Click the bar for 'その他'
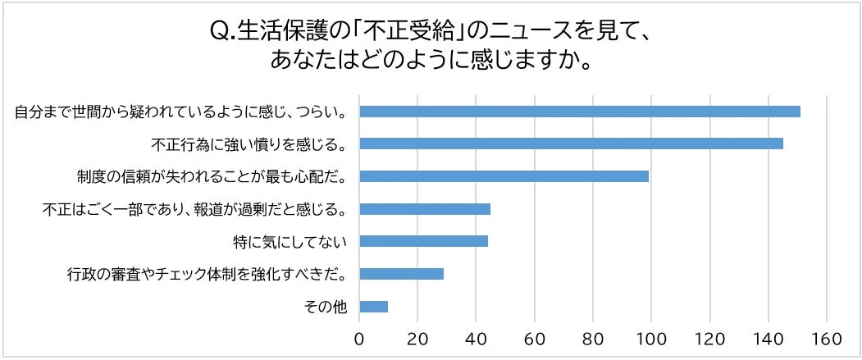tap(373, 307)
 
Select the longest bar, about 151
tap(579, 112)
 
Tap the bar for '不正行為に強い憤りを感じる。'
tap(571, 144)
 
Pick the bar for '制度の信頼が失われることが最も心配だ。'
tap(504, 176)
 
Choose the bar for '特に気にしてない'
tap(423, 241)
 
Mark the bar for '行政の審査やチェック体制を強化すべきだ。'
tap(401, 274)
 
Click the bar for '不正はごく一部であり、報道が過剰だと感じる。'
tap(424, 209)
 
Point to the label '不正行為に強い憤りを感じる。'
tap(249, 144)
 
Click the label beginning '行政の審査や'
tap(206, 275)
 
